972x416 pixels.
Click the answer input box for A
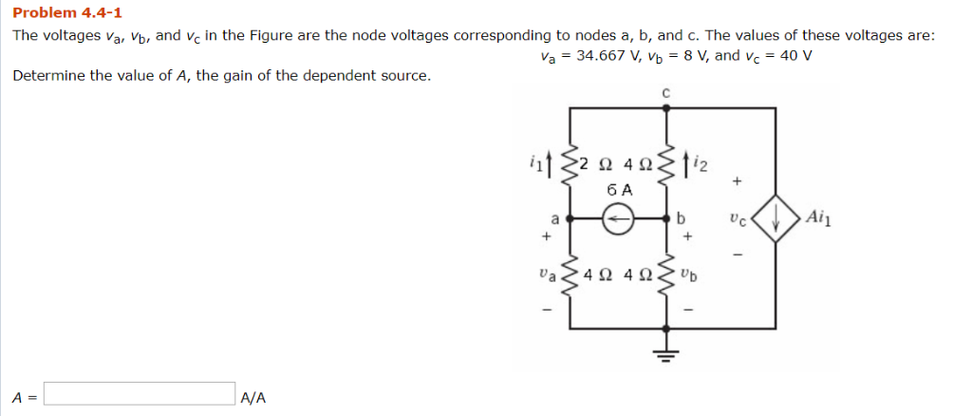point(140,393)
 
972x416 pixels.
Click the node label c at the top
point(665,93)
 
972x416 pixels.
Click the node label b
point(682,219)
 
